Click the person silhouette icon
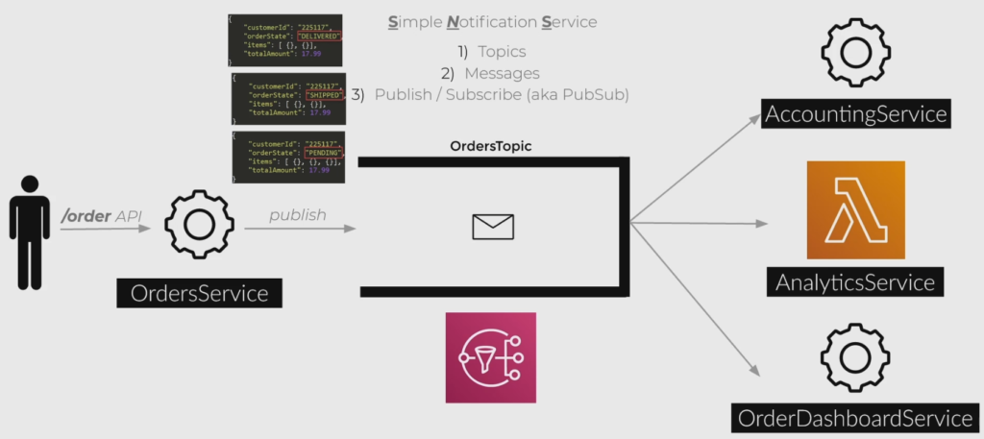pos(30,231)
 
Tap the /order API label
pos(101,217)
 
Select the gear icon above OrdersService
pos(199,223)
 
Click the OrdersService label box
pos(200,293)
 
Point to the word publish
pos(298,215)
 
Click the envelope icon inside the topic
pos(493,227)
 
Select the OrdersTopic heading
pos(491,147)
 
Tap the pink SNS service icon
pos(490,357)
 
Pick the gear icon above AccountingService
pos(855,50)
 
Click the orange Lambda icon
pos(855,209)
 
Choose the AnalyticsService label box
pos(855,282)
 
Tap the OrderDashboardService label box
pos(854,419)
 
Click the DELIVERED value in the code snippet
pos(319,37)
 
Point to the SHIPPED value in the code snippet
pos(323,95)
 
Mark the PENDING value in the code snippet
pos(323,154)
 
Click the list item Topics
pos(491,52)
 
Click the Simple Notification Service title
pos(491,20)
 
